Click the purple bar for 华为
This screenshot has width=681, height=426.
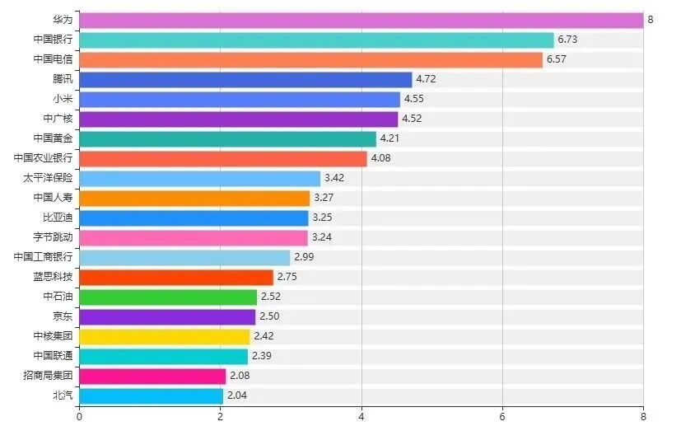click(361, 20)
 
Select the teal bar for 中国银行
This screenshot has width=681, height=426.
click(316, 40)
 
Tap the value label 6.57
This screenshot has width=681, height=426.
click(557, 60)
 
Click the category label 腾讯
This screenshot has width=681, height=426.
click(63, 80)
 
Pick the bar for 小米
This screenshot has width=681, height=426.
click(240, 99)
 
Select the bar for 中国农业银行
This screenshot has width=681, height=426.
click(223, 158)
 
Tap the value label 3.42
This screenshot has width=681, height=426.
click(334, 178)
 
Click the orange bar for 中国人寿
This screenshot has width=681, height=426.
click(194, 198)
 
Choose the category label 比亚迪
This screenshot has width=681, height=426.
click(58, 218)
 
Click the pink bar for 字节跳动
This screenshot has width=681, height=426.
click(194, 237)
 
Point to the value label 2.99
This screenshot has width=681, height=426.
click(305, 258)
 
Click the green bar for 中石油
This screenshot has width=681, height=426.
click(168, 297)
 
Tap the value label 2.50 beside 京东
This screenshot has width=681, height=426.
click(270, 317)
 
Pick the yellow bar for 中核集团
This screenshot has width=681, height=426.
click(165, 336)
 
